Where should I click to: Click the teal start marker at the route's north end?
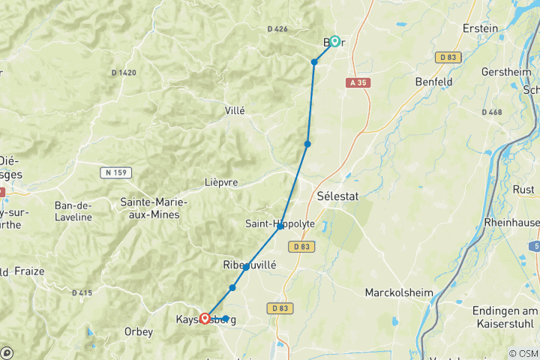tap(335, 41)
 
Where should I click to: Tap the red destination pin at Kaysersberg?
tap(204, 318)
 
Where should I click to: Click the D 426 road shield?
tap(277, 29)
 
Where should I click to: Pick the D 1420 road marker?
tap(124, 73)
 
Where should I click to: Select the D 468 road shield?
tap(492, 112)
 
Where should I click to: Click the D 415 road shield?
tap(82, 292)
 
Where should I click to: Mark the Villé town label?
tap(235, 110)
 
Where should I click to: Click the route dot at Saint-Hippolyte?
tap(280, 226)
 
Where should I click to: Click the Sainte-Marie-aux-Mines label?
tap(154, 209)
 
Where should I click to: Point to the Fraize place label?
tap(28, 271)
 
